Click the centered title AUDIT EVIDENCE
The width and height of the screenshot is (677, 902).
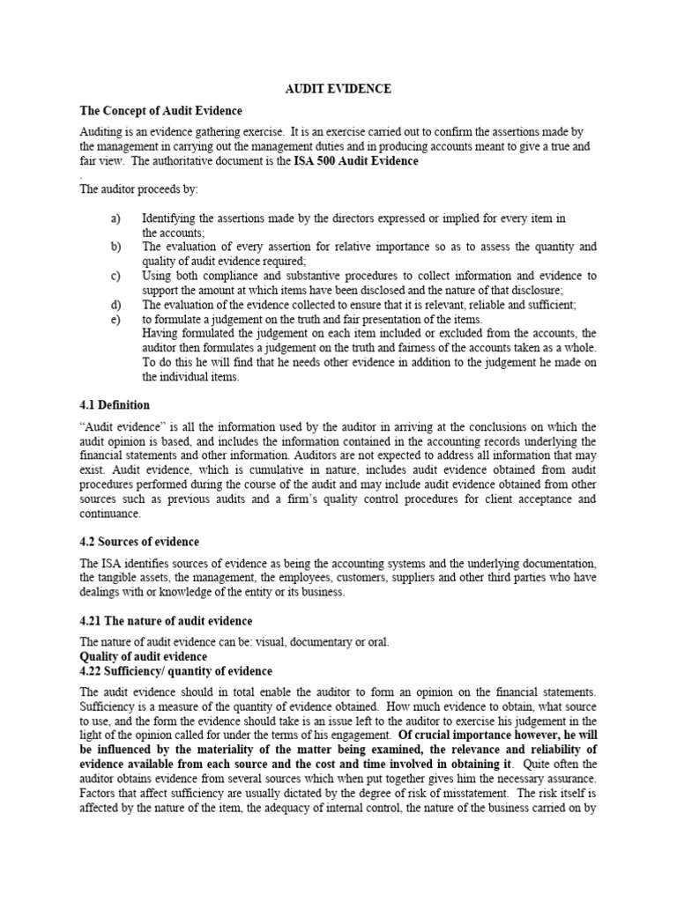coord(338,89)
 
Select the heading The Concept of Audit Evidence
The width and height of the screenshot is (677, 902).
coord(160,111)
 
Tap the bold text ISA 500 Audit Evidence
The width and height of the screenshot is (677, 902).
coord(356,161)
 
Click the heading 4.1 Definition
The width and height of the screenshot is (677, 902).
coord(115,405)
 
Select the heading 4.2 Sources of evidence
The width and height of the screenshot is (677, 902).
coord(139,541)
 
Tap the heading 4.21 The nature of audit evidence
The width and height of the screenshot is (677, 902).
coord(166,621)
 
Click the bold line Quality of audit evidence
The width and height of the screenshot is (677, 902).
coord(144,656)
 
